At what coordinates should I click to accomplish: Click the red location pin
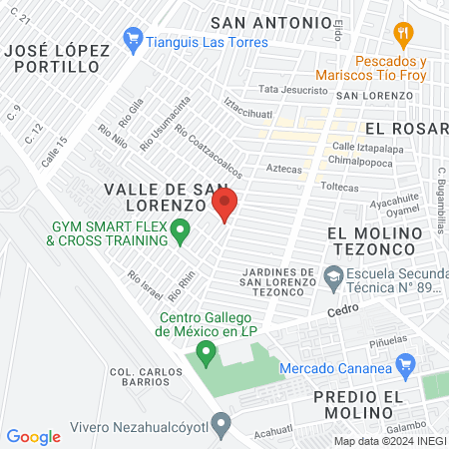tap(224, 206)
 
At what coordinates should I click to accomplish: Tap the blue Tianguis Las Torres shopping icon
tap(132, 42)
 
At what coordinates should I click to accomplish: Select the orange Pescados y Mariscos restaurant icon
tap(404, 35)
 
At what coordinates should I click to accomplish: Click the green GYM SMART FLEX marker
tap(180, 232)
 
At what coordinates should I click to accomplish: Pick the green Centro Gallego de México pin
tap(207, 351)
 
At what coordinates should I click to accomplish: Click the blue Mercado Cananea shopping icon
tap(404, 370)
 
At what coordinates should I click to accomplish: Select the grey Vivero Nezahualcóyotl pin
tap(222, 424)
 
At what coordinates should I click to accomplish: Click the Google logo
tap(33, 436)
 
